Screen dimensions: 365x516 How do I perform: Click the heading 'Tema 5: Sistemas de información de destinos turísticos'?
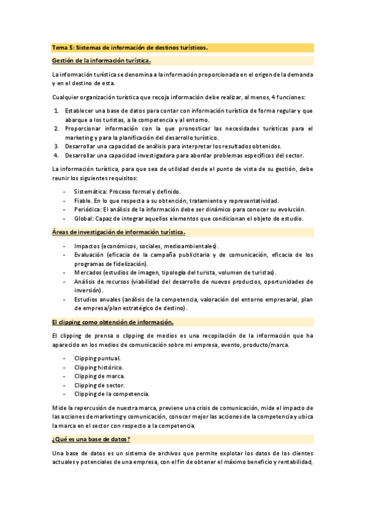129,47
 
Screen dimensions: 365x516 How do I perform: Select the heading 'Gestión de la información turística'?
101,61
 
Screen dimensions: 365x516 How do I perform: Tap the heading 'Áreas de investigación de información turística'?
119,232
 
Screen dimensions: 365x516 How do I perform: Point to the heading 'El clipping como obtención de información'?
113,322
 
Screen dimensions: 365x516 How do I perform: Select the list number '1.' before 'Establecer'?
56,111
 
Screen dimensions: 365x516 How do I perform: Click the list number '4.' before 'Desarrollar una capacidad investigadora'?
56,155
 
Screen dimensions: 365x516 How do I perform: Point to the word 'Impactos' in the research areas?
88,246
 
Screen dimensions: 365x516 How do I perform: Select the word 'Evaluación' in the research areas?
89,255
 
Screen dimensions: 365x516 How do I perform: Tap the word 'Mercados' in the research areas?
88,273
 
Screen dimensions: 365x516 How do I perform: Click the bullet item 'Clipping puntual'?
97,358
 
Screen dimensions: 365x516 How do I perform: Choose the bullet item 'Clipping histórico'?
99,368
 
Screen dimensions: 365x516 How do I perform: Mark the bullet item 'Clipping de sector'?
99,385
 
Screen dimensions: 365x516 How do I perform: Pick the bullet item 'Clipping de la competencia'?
112,394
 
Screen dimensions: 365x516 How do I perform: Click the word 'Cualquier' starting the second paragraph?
65,97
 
